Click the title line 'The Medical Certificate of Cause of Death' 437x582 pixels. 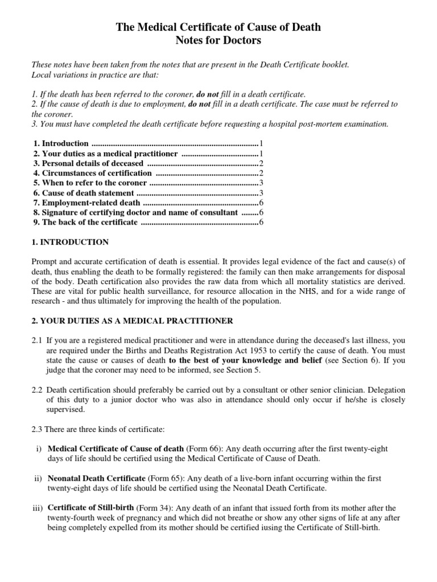[218, 27]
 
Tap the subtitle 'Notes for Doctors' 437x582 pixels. [218, 41]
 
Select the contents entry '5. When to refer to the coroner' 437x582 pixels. [90, 183]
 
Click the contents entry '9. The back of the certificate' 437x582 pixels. [85, 222]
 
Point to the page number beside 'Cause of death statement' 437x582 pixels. [261, 193]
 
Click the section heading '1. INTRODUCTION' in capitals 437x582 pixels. [70, 242]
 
